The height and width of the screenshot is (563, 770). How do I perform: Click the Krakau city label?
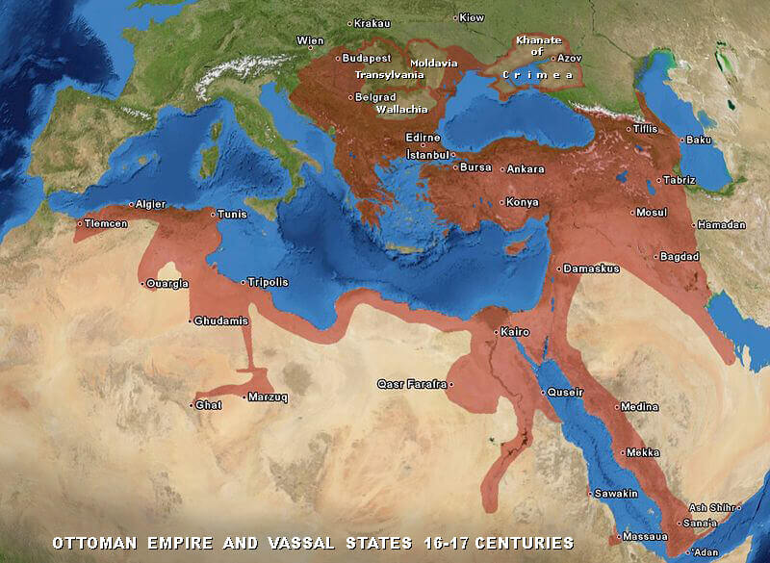click(372, 23)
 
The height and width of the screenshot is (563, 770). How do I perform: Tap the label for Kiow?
click(472, 18)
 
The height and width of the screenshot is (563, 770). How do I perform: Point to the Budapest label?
click(367, 59)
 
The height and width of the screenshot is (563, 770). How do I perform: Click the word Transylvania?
click(389, 75)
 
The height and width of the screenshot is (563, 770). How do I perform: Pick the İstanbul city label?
click(427, 155)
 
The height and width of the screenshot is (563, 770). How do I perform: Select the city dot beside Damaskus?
click(560, 269)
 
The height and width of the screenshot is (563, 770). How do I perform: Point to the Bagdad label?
click(680, 257)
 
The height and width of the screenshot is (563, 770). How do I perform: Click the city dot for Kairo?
click(496, 332)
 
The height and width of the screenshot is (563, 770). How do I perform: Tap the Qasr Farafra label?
click(412, 385)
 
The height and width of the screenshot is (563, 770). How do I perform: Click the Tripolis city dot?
click(244, 283)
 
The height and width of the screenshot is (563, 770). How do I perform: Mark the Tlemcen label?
click(104, 224)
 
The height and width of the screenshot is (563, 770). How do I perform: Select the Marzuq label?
click(267, 397)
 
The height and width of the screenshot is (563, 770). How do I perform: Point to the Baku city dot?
click(682, 141)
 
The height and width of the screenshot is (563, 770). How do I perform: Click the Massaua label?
click(642, 536)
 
